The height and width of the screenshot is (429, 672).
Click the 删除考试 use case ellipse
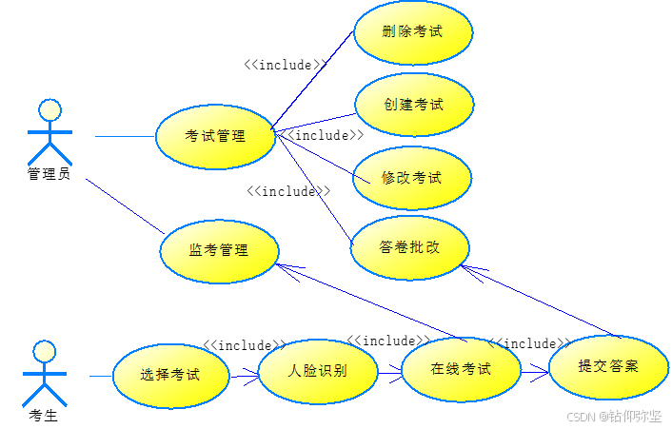[412, 32]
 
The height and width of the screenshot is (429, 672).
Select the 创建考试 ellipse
[414, 105]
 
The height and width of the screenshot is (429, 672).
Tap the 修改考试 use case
[412, 178]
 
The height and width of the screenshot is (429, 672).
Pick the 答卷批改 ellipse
[410, 247]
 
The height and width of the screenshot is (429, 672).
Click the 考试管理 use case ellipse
[215, 137]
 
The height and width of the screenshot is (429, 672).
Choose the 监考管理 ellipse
[219, 251]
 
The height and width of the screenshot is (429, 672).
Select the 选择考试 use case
[170, 375]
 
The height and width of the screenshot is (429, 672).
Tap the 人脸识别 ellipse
[317, 371]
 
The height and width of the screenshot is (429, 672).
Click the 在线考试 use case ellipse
[461, 369]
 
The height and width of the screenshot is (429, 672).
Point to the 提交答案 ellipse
[608, 366]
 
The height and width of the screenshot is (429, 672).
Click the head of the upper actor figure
[49, 109]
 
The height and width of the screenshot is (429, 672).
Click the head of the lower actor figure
[45, 352]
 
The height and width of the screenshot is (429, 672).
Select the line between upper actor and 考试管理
[125, 137]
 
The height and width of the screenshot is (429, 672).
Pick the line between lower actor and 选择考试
[101, 377]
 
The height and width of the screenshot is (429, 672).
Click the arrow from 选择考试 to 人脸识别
[244, 374]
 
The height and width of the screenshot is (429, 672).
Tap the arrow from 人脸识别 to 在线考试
[389, 371]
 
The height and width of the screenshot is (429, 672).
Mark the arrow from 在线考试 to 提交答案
[535, 369]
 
